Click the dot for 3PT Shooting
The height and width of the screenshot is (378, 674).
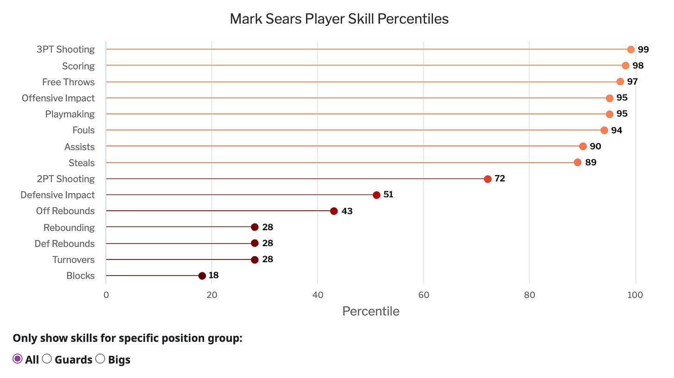pyautogui.click(x=630, y=50)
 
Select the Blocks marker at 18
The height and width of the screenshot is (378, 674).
pyautogui.click(x=202, y=276)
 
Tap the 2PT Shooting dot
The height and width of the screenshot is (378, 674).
pyautogui.click(x=487, y=179)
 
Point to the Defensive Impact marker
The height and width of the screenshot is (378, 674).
pyautogui.click(x=376, y=195)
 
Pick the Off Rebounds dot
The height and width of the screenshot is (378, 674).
pyautogui.click(x=334, y=211)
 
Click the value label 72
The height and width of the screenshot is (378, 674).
pyautogui.click(x=499, y=179)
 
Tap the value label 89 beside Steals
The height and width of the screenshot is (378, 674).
pyautogui.click(x=591, y=163)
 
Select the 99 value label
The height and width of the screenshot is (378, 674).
pyautogui.click(x=643, y=50)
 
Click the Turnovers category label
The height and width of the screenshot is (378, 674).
pyautogui.click(x=73, y=259)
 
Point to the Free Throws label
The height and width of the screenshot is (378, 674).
pyautogui.click(x=68, y=82)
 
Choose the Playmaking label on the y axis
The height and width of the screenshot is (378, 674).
pyautogui.click(x=70, y=114)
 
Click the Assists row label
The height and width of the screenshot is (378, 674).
pyautogui.click(x=79, y=147)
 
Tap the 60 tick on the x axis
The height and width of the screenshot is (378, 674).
pyautogui.click(x=423, y=295)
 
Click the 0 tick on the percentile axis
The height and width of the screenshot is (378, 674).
pyautogui.click(x=106, y=295)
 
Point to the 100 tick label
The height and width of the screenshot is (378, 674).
pyautogui.click(x=636, y=295)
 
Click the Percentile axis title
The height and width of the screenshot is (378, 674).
pyautogui.click(x=370, y=311)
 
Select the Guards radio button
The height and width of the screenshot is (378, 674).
pyautogui.click(x=47, y=359)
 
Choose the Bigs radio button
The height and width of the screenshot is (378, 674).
pyautogui.click(x=100, y=359)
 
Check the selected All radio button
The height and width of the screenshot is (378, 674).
pyautogui.click(x=18, y=359)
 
